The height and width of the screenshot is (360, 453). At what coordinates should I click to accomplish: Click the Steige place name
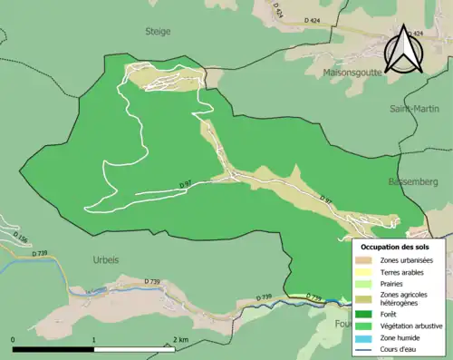(157, 31)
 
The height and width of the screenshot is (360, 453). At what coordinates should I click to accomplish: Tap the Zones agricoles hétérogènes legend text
(408, 300)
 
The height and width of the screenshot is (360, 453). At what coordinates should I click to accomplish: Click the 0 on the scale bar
(14, 338)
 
